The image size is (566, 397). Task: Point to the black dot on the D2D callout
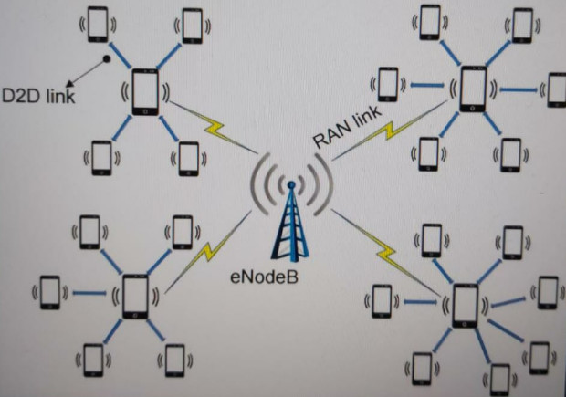107,59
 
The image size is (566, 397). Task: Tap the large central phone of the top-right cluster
473,89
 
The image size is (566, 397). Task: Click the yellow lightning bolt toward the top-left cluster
222,132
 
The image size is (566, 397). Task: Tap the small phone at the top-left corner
98,25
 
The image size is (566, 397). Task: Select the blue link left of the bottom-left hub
88,293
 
